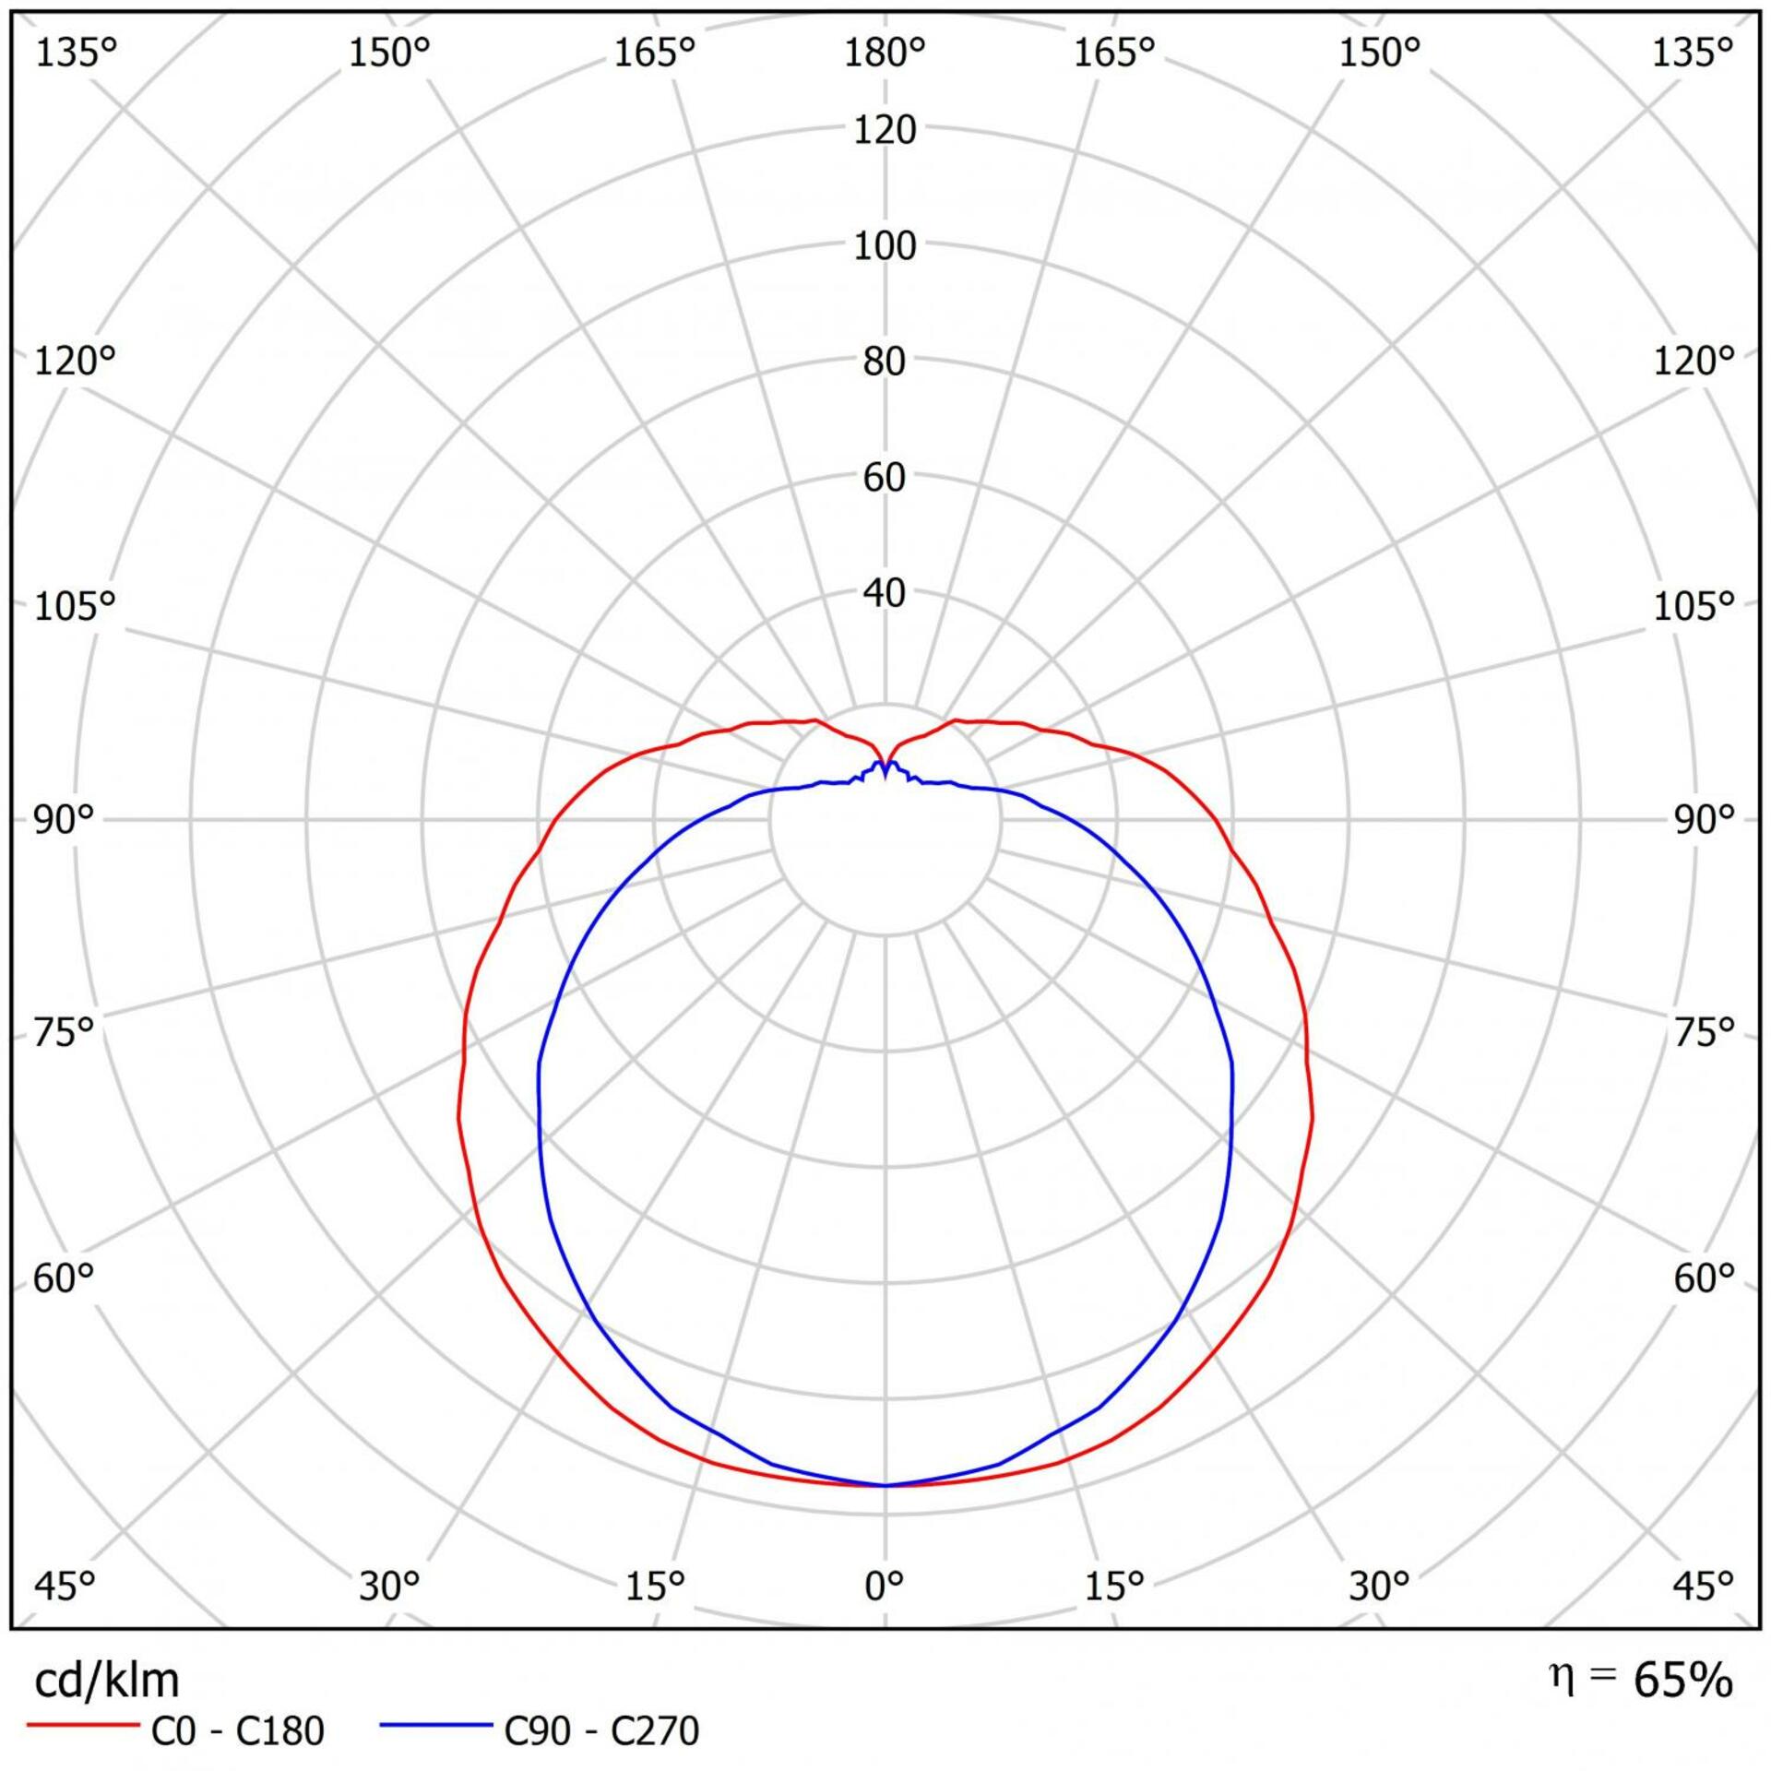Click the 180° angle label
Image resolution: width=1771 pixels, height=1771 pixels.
[x=885, y=54]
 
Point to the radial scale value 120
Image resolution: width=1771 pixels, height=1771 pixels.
[x=885, y=130]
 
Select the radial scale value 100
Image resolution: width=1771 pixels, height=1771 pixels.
[x=885, y=246]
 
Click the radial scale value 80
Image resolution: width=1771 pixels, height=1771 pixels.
[x=885, y=362]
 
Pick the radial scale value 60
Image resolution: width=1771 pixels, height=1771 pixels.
[x=885, y=477]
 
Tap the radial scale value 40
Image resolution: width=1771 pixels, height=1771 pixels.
[x=885, y=593]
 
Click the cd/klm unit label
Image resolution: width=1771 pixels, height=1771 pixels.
[x=106, y=1681]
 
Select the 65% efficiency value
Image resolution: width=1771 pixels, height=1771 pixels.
[x=1682, y=1681]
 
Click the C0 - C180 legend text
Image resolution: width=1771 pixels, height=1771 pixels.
[x=237, y=1731]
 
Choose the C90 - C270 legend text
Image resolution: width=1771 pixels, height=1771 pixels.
[x=601, y=1731]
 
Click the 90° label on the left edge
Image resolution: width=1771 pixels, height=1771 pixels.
[x=65, y=819]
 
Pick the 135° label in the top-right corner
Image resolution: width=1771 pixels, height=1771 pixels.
[x=1692, y=54]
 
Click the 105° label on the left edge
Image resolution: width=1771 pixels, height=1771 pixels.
[x=75, y=606]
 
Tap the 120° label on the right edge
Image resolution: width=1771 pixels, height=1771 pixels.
[x=1694, y=360]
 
